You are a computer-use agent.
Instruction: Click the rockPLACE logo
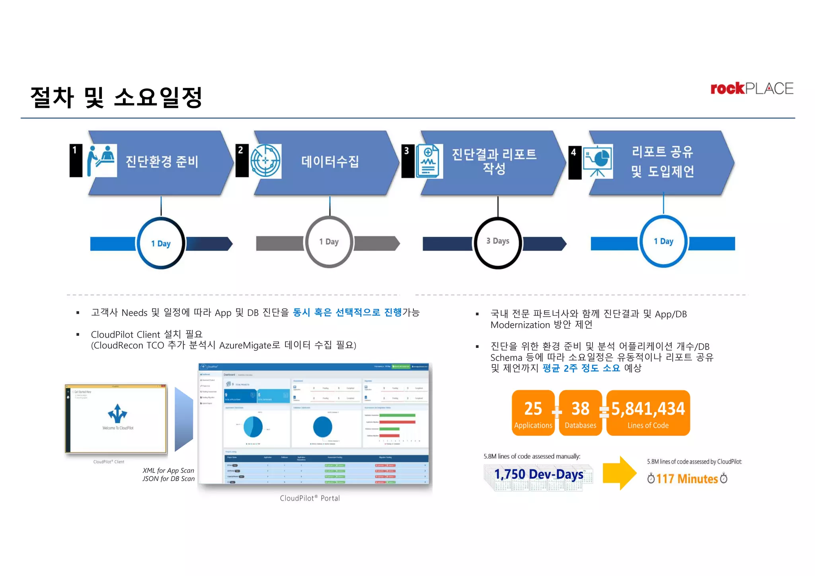pyautogui.click(x=752, y=88)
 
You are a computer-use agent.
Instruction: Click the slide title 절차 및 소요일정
pyautogui.click(x=116, y=98)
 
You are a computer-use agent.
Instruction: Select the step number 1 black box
pyautogui.click(x=76, y=160)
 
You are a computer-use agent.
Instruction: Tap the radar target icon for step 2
pyautogui.click(x=266, y=161)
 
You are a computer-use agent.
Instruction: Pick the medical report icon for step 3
pyautogui.click(x=429, y=161)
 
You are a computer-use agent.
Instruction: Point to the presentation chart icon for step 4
pyautogui.click(x=597, y=161)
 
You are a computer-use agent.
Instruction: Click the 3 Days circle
pyautogui.click(x=498, y=242)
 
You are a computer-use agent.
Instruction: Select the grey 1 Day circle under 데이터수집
pyautogui.click(x=329, y=242)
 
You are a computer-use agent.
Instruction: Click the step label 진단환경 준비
pyautogui.click(x=162, y=162)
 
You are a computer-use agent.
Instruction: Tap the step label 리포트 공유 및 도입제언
pyautogui.click(x=663, y=161)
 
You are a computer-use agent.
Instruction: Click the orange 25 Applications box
pyautogui.click(x=533, y=413)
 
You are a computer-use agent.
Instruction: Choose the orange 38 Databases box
pyautogui.click(x=580, y=413)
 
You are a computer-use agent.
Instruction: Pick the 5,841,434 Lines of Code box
pyautogui.click(x=648, y=413)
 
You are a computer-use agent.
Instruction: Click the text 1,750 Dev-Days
pyautogui.click(x=538, y=474)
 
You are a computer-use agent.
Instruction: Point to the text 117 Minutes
pyautogui.click(x=687, y=478)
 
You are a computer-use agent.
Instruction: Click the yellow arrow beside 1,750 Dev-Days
pyautogui.click(x=619, y=473)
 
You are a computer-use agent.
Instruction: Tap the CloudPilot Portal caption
pyautogui.click(x=310, y=498)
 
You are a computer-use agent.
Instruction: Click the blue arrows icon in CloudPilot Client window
pyautogui.click(x=117, y=414)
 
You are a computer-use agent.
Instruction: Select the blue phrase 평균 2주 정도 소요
pyautogui.click(x=581, y=368)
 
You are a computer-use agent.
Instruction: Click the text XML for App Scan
pyautogui.click(x=168, y=471)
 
